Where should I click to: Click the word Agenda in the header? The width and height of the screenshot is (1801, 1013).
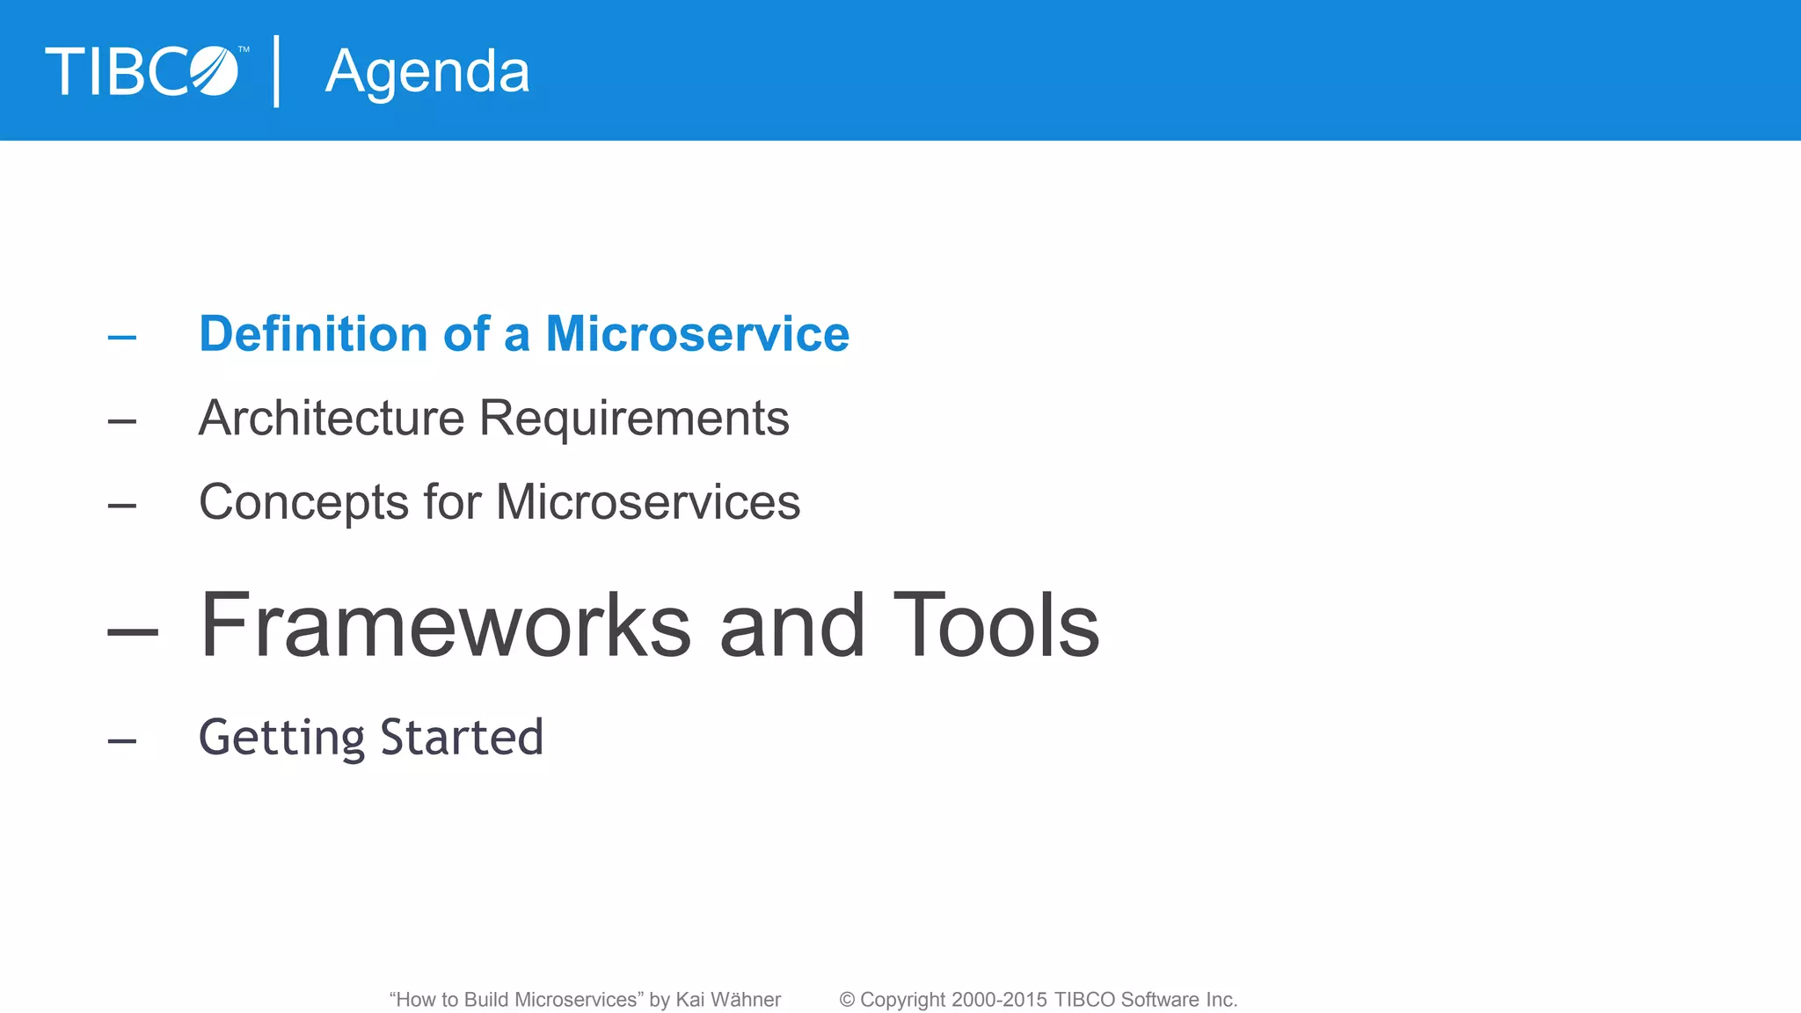(427, 72)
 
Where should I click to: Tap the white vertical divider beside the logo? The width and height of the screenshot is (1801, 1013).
(277, 71)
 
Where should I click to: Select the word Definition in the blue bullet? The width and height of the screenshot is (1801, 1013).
(313, 334)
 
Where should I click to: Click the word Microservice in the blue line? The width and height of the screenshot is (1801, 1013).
(697, 334)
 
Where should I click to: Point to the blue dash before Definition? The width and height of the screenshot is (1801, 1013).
(122, 338)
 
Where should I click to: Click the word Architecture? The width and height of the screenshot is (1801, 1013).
(332, 418)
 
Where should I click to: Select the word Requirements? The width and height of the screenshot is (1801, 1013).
(634, 418)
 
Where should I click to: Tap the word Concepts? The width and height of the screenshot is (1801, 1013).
(303, 502)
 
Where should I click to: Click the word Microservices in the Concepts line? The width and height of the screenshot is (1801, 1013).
(648, 502)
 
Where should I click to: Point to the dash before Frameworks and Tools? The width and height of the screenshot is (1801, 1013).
(133, 631)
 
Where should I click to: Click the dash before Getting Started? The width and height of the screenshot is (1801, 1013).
(122, 741)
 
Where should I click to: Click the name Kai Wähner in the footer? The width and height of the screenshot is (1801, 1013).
(728, 1000)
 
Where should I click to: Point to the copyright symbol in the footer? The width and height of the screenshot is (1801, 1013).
(847, 1000)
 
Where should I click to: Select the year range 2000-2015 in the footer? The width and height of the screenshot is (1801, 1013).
(999, 1000)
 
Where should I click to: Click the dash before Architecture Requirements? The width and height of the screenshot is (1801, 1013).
(122, 422)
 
